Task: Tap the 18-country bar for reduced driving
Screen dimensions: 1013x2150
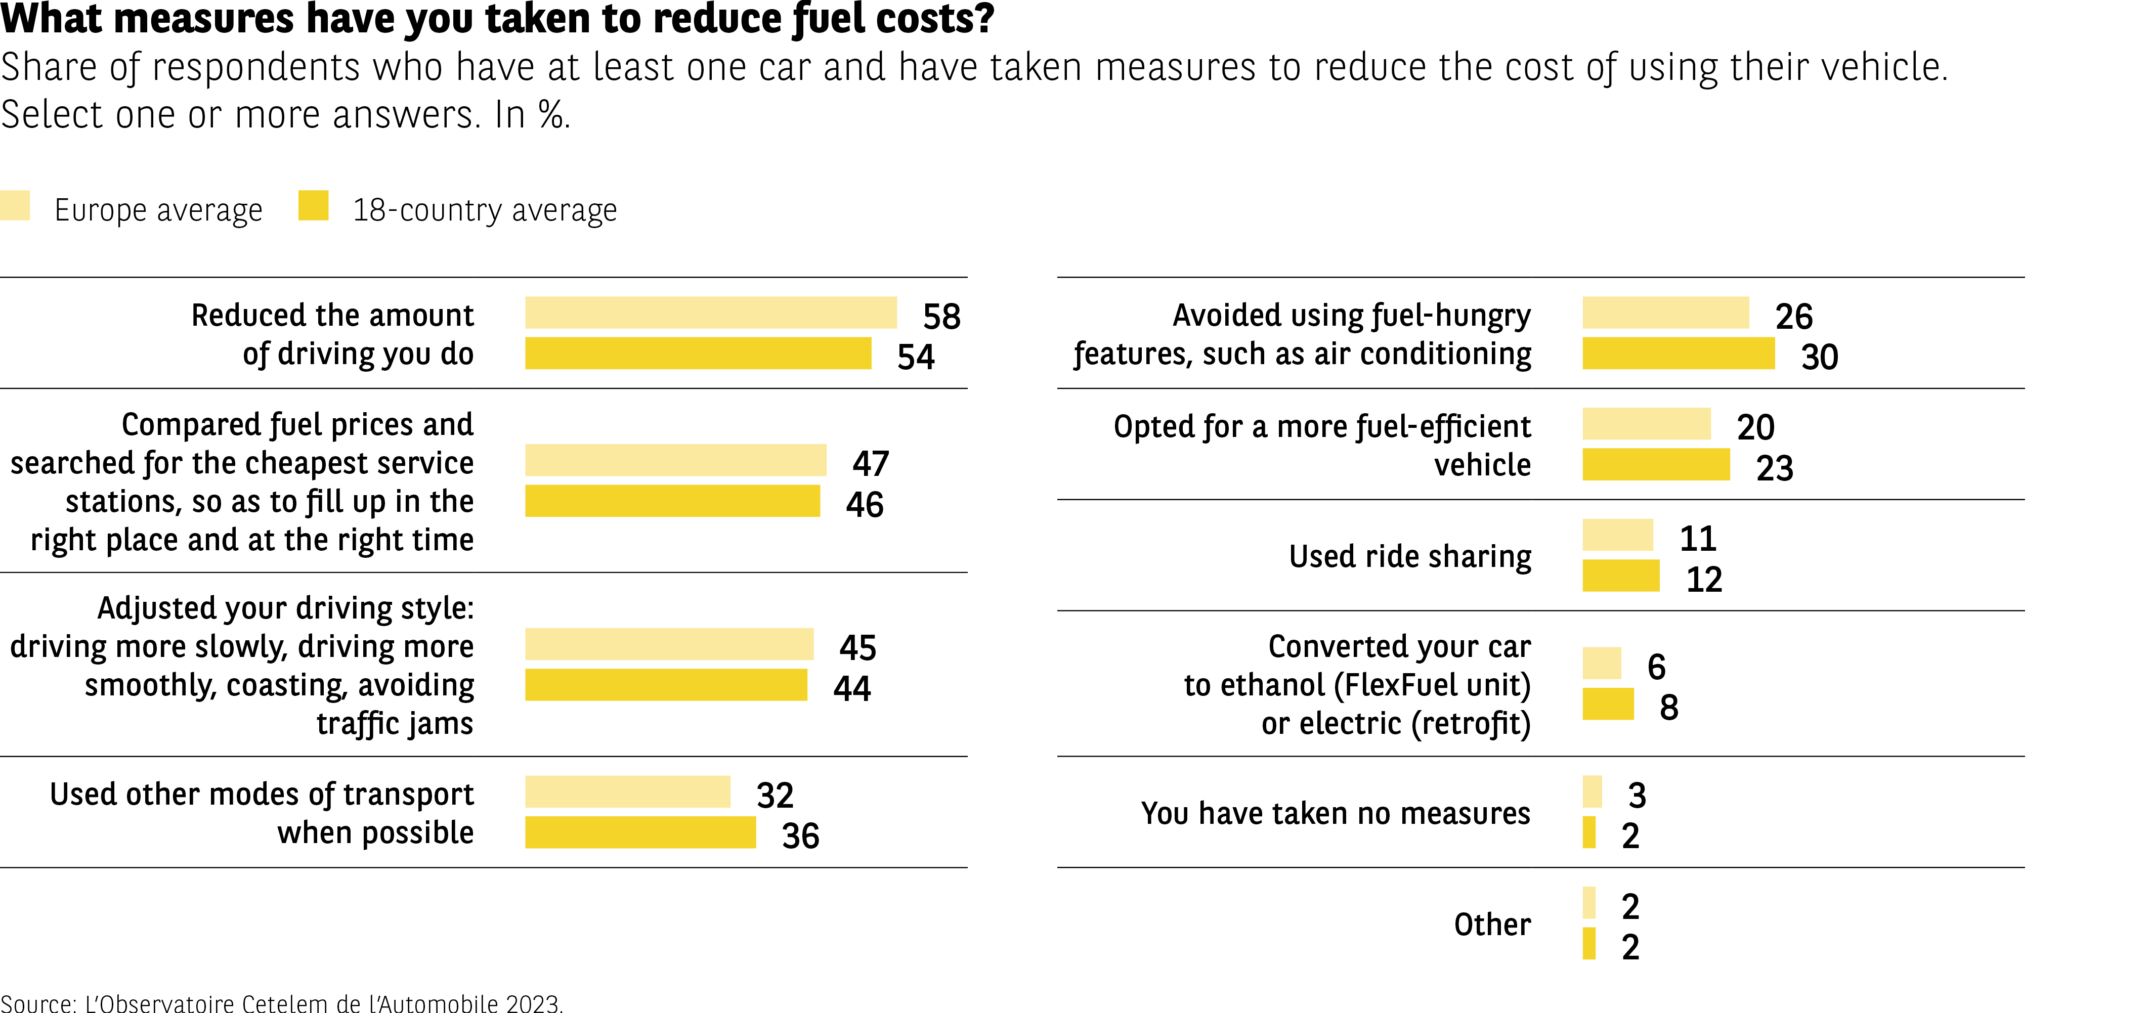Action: pos(698,353)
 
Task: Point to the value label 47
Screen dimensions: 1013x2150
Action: pos(871,463)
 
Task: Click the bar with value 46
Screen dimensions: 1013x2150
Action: pos(672,501)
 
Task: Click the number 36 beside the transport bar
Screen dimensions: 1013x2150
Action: pos(800,835)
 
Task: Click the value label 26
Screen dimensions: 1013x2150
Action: pos(1794,316)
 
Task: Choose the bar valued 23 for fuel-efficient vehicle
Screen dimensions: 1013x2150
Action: pos(1656,464)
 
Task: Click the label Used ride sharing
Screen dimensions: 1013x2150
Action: pos(1410,556)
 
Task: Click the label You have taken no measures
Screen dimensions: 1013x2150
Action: pos(1336,813)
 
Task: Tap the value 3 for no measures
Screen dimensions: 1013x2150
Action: pos(1637,795)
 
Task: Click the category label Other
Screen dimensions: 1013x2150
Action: pos(1492,923)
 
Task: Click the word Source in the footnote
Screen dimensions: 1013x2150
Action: pos(37,1002)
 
